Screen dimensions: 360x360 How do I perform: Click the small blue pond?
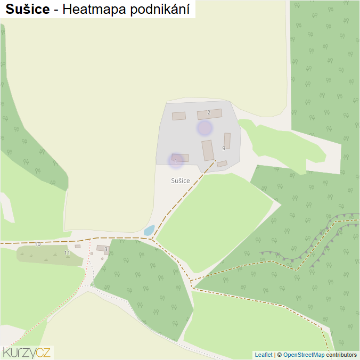[x=149, y=231]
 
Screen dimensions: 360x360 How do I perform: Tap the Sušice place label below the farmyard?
[x=181, y=181]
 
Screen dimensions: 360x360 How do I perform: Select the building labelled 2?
[x=209, y=114]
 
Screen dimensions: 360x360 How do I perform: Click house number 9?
[x=224, y=148]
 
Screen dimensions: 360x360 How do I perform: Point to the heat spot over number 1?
[x=176, y=160]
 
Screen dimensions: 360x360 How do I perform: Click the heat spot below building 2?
[x=204, y=128]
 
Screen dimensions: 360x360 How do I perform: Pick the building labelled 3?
[x=102, y=248]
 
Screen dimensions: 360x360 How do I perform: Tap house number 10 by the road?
[x=37, y=244]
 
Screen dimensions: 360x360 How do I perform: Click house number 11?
[x=67, y=252]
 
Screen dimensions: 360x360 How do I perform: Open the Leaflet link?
[x=263, y=355]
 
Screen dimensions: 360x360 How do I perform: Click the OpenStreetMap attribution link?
[x=304, y=355]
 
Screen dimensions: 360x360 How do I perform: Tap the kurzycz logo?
[x=27, y=352]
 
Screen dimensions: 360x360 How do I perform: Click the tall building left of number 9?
[x=208, y=150]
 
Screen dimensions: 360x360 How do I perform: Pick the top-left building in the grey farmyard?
[x=179, y=116]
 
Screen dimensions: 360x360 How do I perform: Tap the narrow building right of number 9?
[x=227, y=141]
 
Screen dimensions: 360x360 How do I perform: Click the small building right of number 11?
[x=78, y=246]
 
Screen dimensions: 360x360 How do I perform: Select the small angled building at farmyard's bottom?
[x=222, y=164]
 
